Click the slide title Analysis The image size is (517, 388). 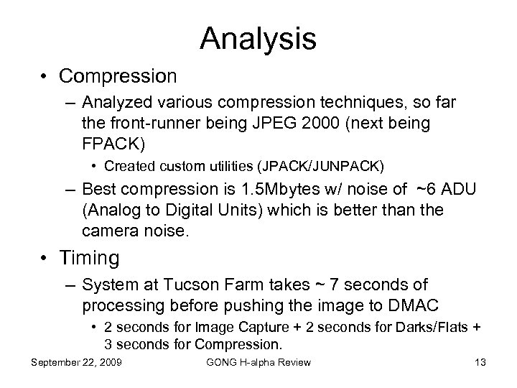pos(258,39)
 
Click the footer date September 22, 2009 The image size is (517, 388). pos(77,362)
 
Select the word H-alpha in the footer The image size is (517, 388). pos(256,362)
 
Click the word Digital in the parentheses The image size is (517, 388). pos(182,210)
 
